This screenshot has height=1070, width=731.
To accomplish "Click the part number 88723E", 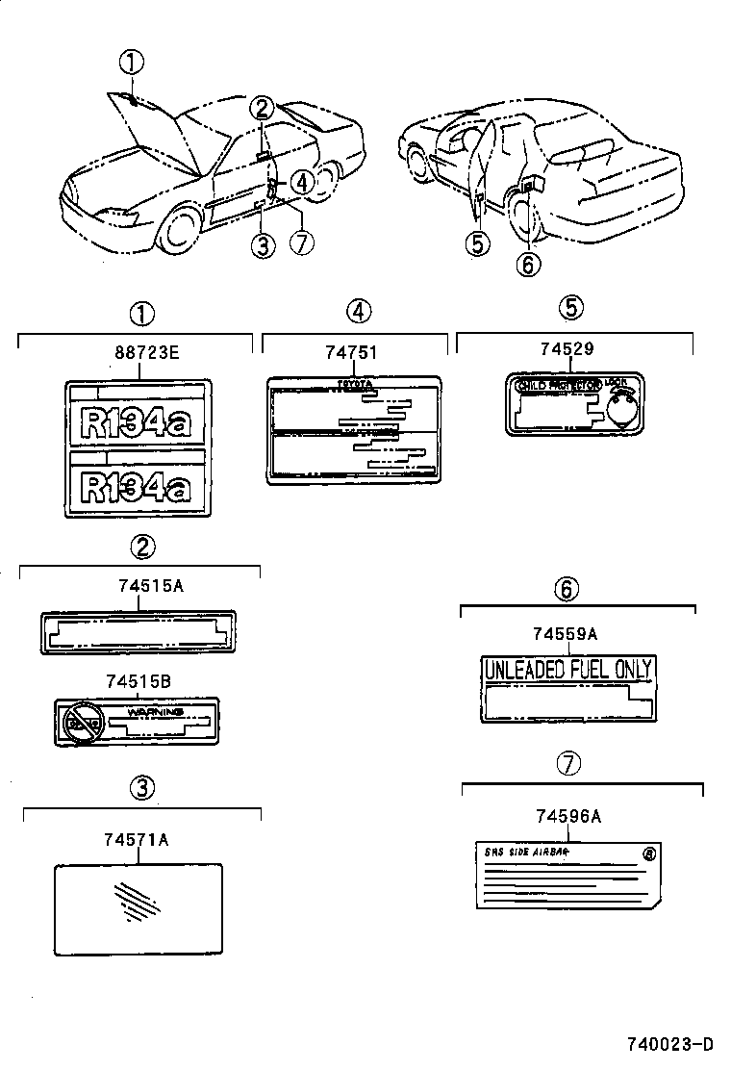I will pos(147,352).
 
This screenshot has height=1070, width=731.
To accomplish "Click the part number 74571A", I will pos(137,840).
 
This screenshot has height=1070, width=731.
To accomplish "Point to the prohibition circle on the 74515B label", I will pos(81,720).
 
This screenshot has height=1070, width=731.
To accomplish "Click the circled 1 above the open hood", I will pos(131,63).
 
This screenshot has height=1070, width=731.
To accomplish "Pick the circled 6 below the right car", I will pos(528,263).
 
